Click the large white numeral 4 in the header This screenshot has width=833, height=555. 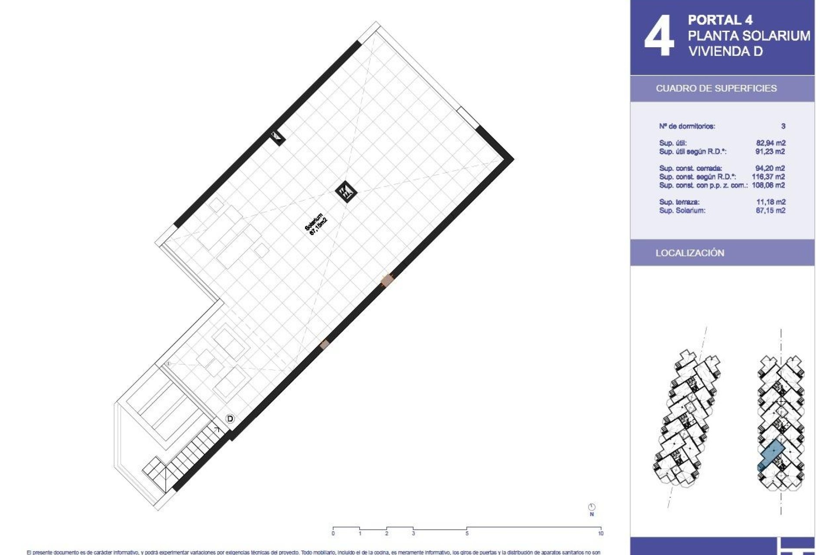click(659, 36)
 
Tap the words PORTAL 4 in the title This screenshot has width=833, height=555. click(720, 20)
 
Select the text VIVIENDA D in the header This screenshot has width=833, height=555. click(725, 51)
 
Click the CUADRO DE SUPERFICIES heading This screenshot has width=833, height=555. click(716, 88)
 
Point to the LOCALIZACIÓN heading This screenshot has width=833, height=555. click(690, 253)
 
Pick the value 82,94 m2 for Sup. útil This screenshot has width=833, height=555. click(770, 143)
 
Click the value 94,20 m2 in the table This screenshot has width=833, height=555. click(770, 168)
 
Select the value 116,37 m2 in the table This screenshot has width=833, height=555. click(768, 176)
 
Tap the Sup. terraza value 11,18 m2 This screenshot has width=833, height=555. click(771, 202)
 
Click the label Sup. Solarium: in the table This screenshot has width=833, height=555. click(682, 211)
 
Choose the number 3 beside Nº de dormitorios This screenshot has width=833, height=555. click(783, 126)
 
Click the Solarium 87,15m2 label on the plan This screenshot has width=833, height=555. click(316, 224)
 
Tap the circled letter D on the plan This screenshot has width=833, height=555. click(230, 419)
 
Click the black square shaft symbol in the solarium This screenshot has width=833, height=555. click(346, 191)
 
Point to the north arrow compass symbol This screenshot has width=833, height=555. click(592, 507)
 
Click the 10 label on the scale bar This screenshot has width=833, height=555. click(600, 533)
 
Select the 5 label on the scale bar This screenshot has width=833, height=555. click(467, 533)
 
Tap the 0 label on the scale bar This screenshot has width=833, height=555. click(333, 533)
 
